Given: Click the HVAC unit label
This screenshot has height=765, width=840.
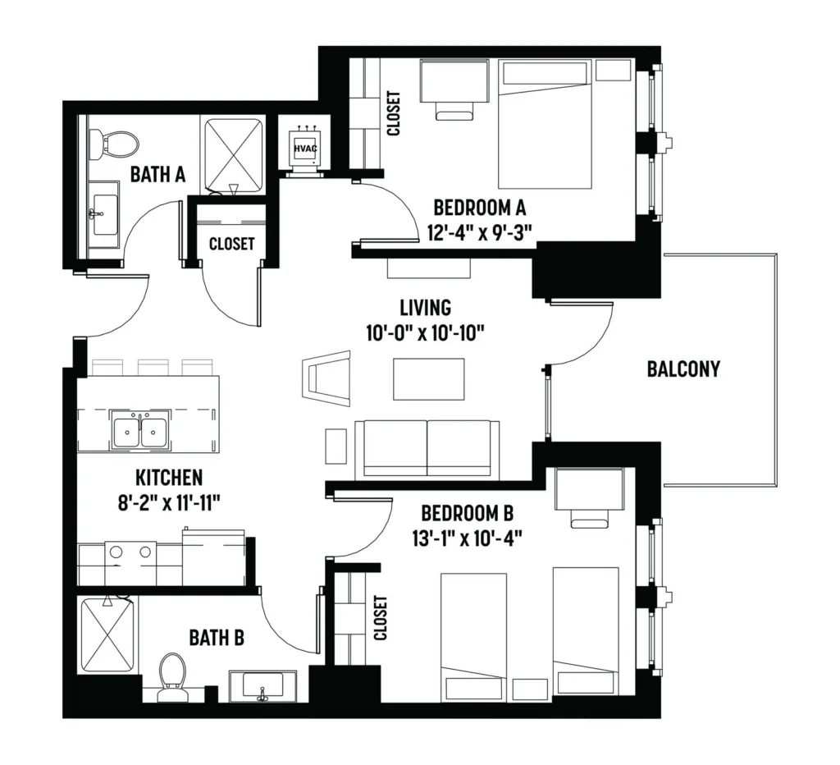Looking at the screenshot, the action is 305,148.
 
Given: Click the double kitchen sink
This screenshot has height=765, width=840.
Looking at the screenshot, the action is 140,428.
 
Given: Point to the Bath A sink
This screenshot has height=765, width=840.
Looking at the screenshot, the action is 103,214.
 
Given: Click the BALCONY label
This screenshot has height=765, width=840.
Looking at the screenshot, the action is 683,369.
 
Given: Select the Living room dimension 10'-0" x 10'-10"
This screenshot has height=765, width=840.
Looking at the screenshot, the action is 426,333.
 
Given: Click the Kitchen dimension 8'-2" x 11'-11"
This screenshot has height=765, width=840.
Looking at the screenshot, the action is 169,503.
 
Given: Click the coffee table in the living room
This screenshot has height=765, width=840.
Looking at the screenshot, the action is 428,379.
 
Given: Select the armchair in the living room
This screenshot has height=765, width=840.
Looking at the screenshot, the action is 326,378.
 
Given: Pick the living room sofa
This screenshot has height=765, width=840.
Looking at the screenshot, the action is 427,449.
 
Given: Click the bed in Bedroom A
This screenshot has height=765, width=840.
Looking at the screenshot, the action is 545,125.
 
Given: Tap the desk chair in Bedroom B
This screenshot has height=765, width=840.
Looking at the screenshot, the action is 589,518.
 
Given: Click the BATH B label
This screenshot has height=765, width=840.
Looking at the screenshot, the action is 217,638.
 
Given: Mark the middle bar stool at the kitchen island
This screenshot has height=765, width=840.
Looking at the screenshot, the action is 153,367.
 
